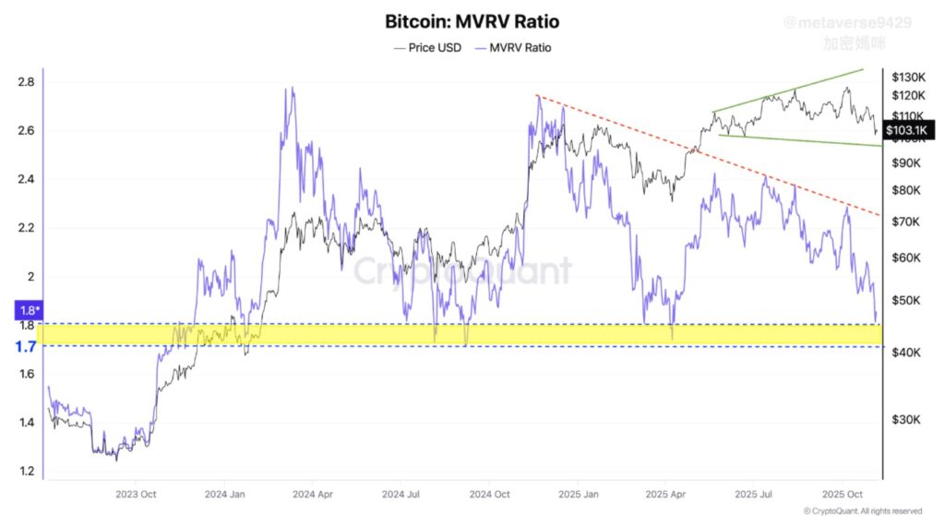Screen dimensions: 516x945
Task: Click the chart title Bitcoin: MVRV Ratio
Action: click(472, 20)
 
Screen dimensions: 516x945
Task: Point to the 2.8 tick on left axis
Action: click(26, 82)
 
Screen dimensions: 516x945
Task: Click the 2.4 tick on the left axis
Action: click(26, 179)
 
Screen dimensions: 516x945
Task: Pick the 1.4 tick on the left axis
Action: click(26, 423)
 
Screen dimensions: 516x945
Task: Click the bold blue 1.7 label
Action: click(26, 347)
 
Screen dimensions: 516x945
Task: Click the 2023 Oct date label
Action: click(134, 493)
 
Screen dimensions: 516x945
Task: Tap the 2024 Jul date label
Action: click(404, 493)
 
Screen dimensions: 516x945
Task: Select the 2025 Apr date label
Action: click(669, 493)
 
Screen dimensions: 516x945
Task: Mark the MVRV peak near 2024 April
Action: click(292, 89)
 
